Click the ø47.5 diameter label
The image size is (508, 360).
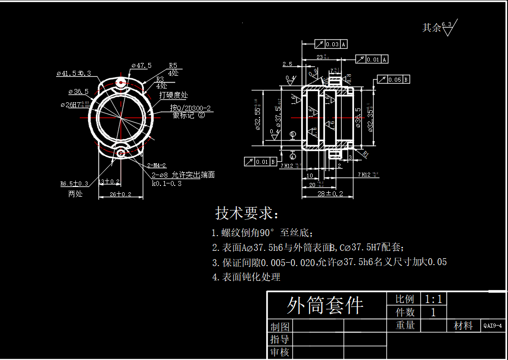point(141,65)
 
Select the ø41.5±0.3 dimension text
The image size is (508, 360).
point(74,73)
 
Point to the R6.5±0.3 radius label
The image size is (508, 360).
point(74,183)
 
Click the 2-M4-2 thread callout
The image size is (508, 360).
point(157,165)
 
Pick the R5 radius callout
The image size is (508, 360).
point(173,65)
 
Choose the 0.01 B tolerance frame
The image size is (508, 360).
point(260,161)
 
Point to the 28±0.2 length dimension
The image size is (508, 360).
point(330,194)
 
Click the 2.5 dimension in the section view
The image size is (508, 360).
point(287,64)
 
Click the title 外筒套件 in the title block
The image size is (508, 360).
point(325,305)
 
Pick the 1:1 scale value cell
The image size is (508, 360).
point(433,299)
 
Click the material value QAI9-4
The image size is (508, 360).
point(493,326)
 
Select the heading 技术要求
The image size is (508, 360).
point(247,213)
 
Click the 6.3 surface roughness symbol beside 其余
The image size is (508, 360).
point(447,29)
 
